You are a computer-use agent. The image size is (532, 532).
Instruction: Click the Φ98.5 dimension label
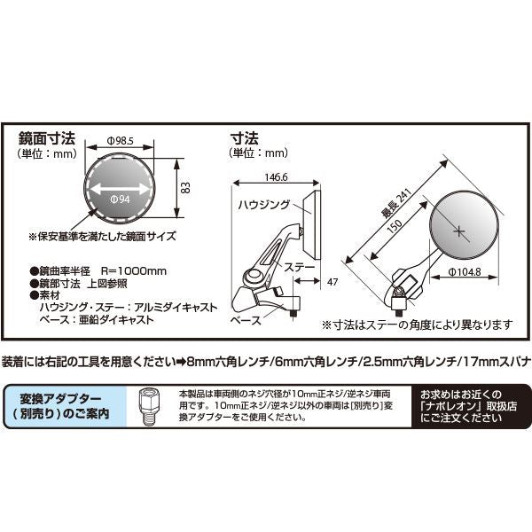121,141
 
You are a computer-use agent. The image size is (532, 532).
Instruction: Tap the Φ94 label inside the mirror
120,199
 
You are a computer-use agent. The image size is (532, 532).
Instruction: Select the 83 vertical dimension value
185,188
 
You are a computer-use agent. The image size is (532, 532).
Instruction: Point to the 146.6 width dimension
276,177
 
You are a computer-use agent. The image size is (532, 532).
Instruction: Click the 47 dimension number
332,282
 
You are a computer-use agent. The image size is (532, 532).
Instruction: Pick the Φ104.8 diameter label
465,272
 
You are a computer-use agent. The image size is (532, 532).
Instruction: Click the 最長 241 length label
396,203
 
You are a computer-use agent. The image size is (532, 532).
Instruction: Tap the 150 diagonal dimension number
395,226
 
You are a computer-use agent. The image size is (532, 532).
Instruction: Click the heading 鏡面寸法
46,138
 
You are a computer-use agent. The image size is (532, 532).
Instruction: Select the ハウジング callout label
264,205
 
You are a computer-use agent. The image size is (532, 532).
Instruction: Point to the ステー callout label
300,267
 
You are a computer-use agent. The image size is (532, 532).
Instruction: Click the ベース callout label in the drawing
246,320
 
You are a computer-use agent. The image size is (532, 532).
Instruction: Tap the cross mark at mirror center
458,231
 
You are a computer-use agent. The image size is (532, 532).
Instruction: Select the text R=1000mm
134,271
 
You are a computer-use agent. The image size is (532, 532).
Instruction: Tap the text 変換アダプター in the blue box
60,399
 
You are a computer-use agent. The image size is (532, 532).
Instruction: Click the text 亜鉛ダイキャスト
116,319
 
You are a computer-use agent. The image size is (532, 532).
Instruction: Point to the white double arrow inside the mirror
120,189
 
